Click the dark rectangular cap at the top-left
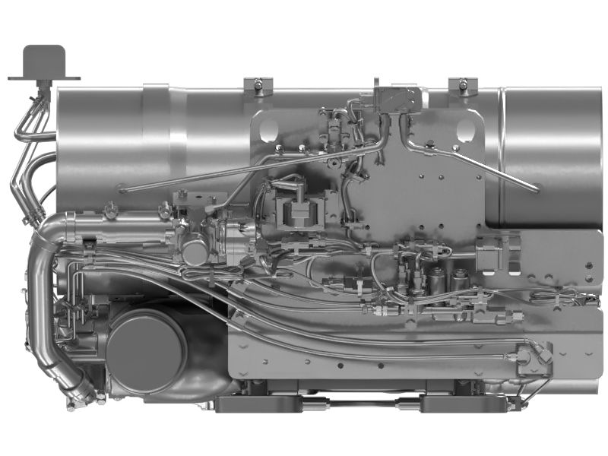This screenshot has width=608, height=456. click(44, 59)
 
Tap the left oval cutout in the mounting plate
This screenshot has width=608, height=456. click(269, 130)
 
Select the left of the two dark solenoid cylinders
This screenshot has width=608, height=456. click(436, 282)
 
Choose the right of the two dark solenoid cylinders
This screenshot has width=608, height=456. click(460, 282)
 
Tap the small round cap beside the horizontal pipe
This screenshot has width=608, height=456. click(194, 252)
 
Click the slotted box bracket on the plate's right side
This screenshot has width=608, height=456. click(498, 256)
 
